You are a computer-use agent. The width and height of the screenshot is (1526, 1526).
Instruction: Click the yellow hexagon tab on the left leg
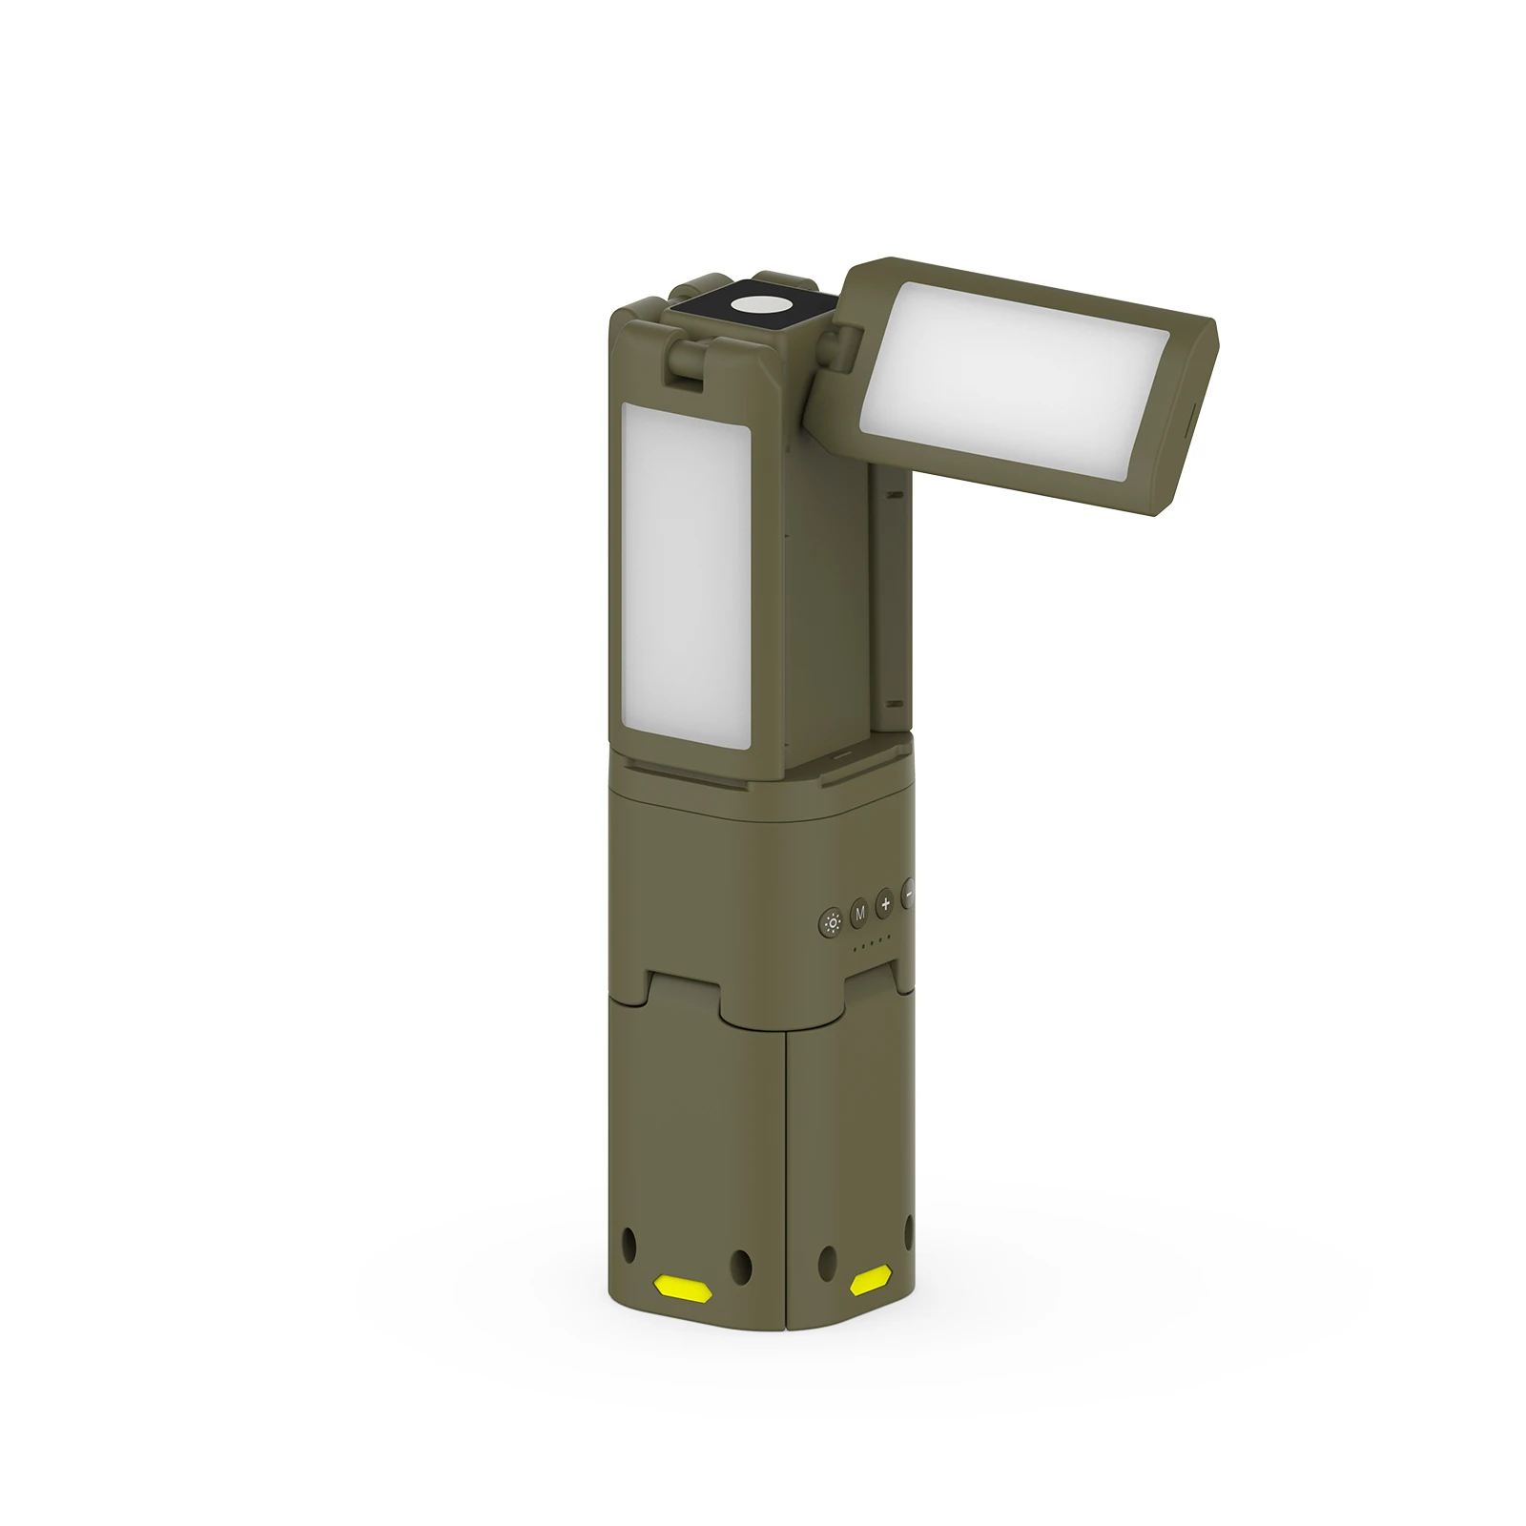pos(684,1286)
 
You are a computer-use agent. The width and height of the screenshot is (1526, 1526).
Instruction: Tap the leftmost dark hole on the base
pos(628,1243)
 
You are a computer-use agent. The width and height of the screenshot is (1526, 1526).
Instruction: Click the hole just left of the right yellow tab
pos(827,1260)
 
